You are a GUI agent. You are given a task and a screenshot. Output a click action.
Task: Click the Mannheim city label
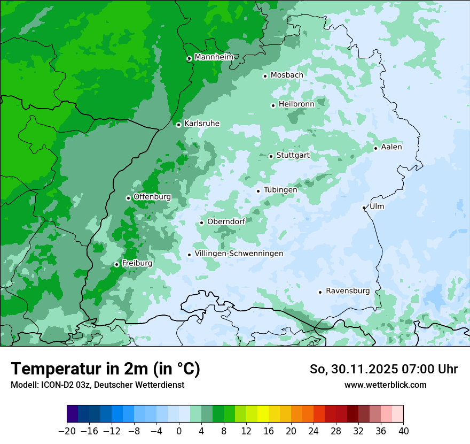[214, 57]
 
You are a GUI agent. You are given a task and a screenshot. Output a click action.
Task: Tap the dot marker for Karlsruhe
[178, 125]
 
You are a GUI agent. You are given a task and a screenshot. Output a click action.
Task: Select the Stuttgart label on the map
[293, 155]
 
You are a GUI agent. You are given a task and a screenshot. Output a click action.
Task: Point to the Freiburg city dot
[116, 264]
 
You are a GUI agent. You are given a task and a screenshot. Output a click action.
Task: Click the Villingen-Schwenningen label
[239, 254]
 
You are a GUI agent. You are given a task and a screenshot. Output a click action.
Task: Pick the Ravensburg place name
[348, 291]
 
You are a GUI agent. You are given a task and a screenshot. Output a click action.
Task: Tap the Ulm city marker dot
[364, 208]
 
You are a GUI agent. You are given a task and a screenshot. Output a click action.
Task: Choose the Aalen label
[391, 147]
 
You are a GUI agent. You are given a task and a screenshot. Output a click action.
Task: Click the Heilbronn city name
[296, 104]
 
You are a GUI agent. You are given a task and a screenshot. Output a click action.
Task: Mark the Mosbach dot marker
[265, 76]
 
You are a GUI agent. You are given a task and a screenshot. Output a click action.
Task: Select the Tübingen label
[280, 190]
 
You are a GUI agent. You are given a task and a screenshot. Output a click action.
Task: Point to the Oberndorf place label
[226, 221]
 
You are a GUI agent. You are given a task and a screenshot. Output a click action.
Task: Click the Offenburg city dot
[128, 198]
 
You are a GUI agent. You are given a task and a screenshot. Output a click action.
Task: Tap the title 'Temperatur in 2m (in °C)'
[106, 369]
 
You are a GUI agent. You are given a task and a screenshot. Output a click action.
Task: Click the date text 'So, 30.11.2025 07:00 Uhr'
[383, 369]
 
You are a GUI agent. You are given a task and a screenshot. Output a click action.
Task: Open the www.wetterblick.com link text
[385, 385]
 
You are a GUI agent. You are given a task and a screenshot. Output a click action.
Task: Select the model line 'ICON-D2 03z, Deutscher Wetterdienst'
[97, 385]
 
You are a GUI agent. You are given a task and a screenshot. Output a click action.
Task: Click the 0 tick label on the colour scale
[179, 431]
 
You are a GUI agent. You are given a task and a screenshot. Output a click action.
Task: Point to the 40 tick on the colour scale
[403, 431]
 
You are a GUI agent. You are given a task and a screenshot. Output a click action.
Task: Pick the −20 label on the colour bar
[67, 431]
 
